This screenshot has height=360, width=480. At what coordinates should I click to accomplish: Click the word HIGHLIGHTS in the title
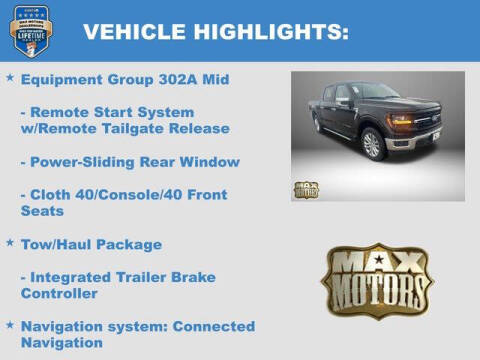(268, 32)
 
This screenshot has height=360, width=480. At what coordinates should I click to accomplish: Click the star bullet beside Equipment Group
(10, 78)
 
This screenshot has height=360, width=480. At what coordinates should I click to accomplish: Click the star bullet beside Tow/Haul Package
(10, 243)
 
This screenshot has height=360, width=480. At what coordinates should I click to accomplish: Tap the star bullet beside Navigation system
(10, 326)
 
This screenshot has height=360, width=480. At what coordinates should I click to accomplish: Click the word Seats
(42, 211)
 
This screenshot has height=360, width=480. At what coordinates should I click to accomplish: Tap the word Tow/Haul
(56, 244)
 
